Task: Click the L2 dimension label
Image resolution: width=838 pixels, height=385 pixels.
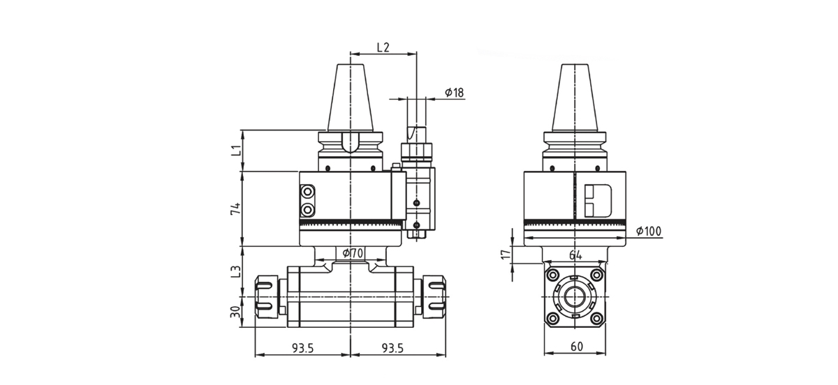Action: click(383, 47)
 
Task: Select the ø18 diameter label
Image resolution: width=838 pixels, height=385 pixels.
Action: click(454, 92)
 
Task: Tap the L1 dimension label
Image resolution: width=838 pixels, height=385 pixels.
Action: click(237, 150)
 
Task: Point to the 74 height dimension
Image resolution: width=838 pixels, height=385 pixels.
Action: click(237, 209)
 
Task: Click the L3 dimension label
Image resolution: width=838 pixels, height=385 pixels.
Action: click(237, 271)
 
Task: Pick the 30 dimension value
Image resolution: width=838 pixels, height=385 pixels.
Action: click(237, 310)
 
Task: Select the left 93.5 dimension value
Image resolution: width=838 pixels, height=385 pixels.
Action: click(302, 347)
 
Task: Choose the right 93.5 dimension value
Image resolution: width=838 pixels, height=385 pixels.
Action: click(395, 347)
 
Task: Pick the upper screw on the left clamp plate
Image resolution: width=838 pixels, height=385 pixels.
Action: click(307, 192)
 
